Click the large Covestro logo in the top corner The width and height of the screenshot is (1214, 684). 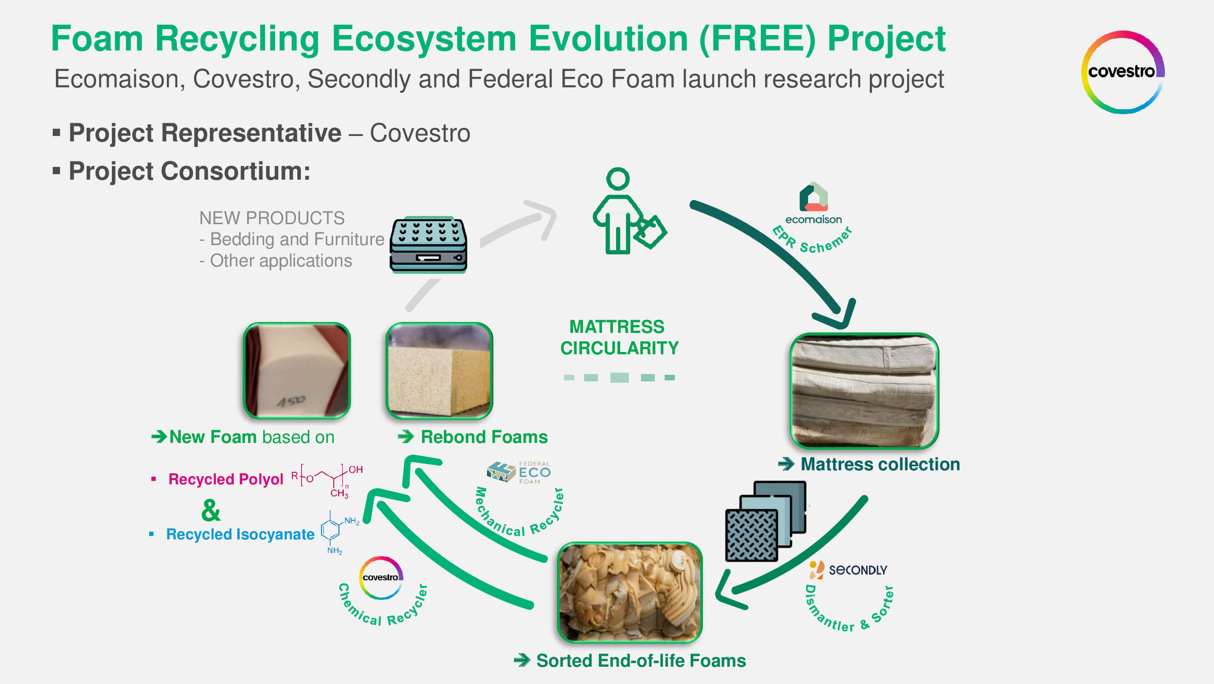coord(1122,72)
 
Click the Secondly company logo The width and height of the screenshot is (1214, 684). coord(848,569)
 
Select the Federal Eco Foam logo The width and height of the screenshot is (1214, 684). coord(518,473)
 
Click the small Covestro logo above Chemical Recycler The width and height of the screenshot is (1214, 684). coord(381,578)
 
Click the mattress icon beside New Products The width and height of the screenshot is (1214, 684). coord(428,245)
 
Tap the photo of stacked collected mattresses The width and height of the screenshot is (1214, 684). coord(864,391)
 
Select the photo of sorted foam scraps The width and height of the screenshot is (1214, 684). coord(630,593)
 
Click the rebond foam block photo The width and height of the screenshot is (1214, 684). coord(439,371)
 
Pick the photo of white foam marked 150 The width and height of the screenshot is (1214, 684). coord(297,371)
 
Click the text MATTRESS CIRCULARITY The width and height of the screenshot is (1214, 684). coord(619,337)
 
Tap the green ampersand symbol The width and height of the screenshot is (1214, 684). coord(211,510)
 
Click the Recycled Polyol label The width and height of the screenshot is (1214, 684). coord(225,479)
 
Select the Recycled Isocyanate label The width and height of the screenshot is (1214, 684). coord(240,534)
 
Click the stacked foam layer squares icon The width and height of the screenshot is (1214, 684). coord(765,521)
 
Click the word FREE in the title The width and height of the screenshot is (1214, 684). coord(757,39)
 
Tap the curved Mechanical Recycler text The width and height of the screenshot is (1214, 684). coord(518,518)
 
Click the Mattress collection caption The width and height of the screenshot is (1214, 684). coord(879,464)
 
